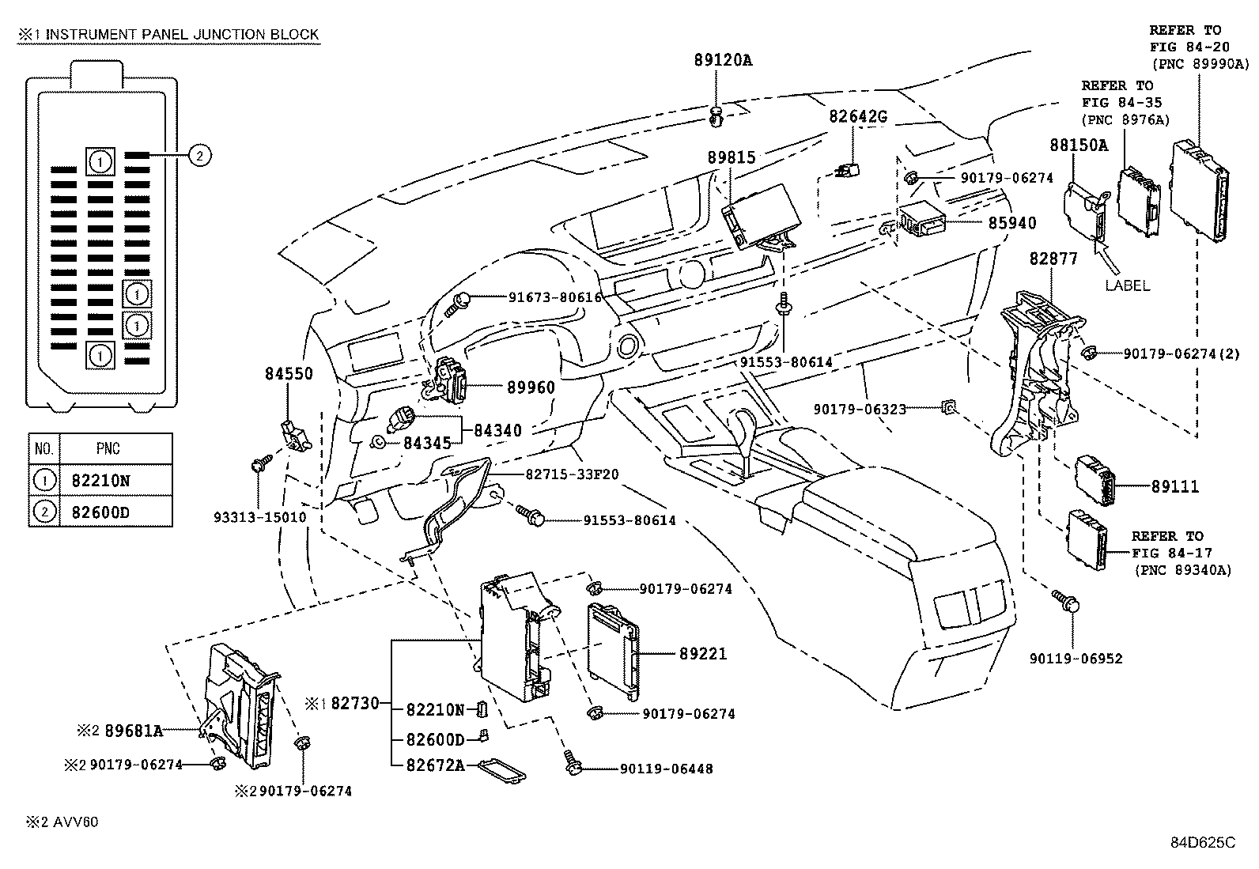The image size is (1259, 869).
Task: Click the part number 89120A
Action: [724, 59]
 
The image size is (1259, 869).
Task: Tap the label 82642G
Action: [858, 116]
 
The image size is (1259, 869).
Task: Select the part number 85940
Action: [1011, 224]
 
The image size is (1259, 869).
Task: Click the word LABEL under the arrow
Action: [1127, 285]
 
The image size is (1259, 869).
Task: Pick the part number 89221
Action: [702, 654]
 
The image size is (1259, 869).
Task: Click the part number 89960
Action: [531, 387]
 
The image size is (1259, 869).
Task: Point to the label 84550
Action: [289, 373]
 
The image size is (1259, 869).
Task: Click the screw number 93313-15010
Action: [259, 517]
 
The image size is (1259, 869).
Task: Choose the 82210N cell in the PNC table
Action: [100, 479]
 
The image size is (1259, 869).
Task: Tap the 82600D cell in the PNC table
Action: [100, 512]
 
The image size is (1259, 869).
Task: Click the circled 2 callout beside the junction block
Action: [200, 156]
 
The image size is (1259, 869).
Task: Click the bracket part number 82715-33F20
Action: [571, 474]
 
